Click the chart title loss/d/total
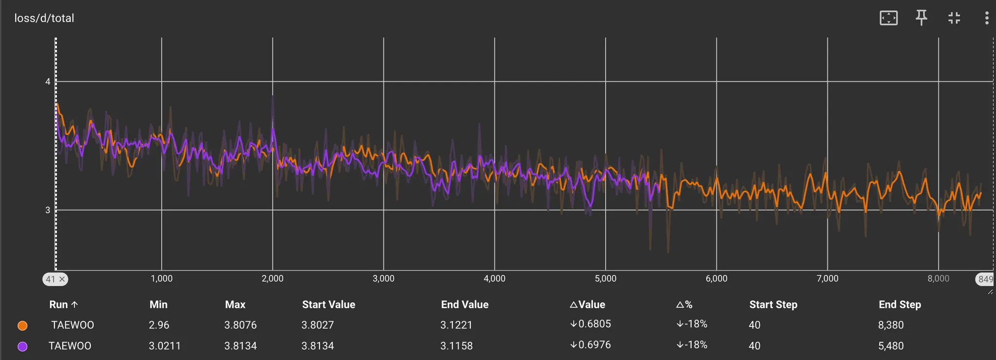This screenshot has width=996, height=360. tap(44, 18)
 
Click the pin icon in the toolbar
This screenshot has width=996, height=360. tap(921, 18)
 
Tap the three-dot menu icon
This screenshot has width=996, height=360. tap(986, 18)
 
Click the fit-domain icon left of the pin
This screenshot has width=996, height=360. tap(889, 18)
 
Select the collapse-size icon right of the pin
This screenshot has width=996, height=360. tap(954, 18)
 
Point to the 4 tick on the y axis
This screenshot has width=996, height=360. tap(48, 82)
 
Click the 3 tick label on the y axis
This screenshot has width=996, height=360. tap(48, 210)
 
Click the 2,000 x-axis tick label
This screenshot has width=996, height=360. tap(272, 279)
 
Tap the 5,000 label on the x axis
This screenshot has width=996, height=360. tap(605, 279)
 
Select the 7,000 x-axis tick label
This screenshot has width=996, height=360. tap(827, 279)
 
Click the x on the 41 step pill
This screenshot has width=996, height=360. tap(62, 279)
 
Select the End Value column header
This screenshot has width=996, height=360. tap(464, 305)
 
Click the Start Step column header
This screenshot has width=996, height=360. tap(773, 305)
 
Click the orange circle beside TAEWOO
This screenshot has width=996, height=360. tap(22, 325)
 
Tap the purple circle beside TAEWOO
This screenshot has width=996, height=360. tap(22, 346)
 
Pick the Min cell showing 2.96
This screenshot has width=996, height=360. tap(159, 325)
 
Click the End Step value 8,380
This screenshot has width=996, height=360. tap(890, 325)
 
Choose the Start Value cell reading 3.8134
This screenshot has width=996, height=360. tap(318, 346)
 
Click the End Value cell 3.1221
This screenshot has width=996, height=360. tap(456, 325)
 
